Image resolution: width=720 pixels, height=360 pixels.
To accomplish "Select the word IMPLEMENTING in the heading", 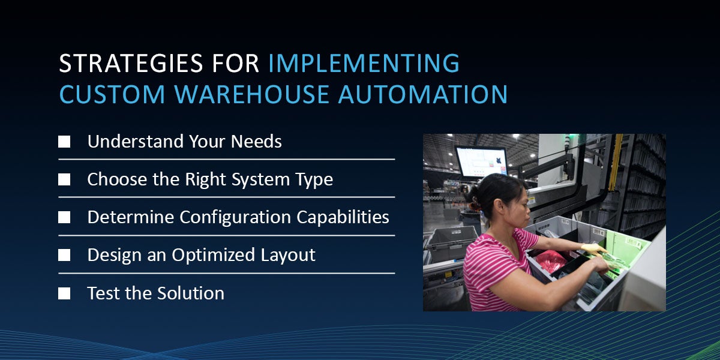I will click(x=364, y=64).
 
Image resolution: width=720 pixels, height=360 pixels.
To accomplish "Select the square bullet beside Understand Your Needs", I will click(x=64, y=142).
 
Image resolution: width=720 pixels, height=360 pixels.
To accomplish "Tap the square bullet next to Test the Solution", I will click(x=64, y=293).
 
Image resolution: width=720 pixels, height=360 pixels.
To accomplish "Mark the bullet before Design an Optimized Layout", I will click(x=64, y=256).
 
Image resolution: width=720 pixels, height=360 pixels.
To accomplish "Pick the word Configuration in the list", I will click(x=236, y=217).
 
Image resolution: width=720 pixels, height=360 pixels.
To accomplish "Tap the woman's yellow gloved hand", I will click(x=593, y=248).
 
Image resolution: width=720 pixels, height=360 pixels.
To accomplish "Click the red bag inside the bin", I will click(x=550, y=262).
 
